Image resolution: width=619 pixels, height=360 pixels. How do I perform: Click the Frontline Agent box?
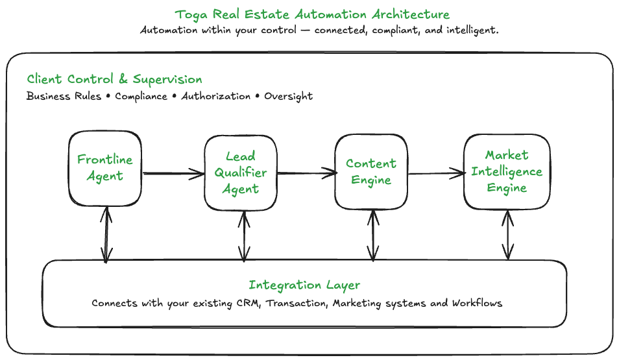[104, 167]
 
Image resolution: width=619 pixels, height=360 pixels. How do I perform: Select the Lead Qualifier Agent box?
[241, 173]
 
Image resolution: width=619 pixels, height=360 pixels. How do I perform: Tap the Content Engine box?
[370, 172]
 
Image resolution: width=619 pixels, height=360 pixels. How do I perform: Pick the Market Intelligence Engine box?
[507, 171]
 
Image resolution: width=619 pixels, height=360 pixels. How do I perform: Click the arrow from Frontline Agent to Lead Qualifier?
[173, 173]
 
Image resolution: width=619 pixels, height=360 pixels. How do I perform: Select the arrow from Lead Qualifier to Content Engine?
[306, 173]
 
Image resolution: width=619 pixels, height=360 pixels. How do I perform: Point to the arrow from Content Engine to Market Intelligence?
[436, 173]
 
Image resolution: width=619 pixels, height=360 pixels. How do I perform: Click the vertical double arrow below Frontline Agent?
[105, 233]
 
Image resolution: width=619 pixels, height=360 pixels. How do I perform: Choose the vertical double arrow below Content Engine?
[372, 235]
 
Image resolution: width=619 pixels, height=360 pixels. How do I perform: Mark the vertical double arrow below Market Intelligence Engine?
[507, 234]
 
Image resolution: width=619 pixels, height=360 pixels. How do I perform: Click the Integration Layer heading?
[304, 285]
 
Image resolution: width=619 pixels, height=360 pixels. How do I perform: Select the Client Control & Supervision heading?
[114, 80]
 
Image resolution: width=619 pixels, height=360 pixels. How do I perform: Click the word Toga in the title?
[191, 14]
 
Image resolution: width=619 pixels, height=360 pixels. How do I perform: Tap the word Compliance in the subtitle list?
[141, 97]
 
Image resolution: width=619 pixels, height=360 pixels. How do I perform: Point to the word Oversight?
[288, 97]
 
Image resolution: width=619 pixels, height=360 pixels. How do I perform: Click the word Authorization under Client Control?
[215, 97]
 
